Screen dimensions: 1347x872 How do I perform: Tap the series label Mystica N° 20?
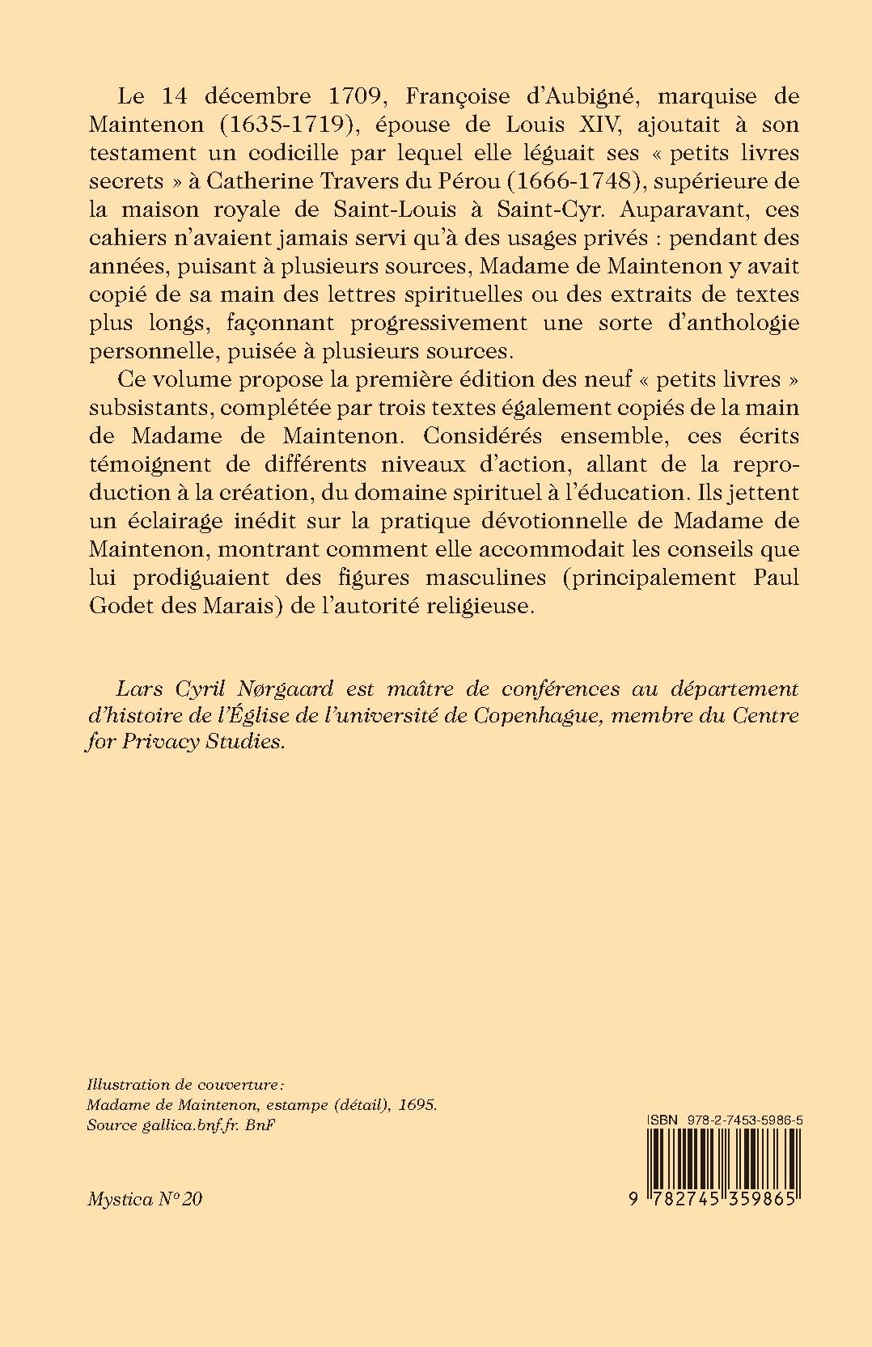[x=145, y=1199]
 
